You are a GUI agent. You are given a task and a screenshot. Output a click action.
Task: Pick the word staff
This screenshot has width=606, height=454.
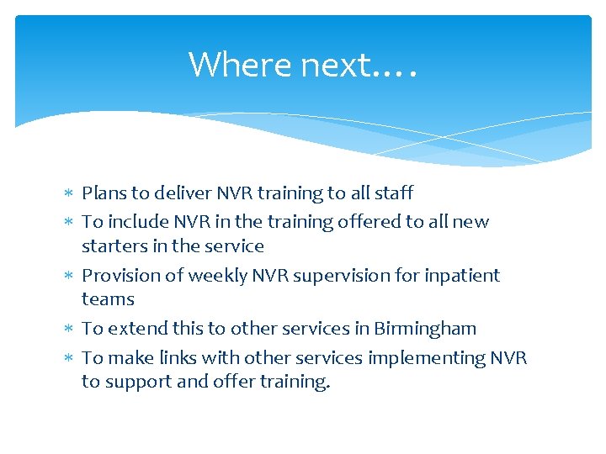[x=393, y=193]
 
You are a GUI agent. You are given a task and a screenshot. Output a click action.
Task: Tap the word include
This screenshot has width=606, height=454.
[x=136, y=222]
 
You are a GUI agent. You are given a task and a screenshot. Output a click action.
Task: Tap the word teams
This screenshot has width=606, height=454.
[x=108, y=299]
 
